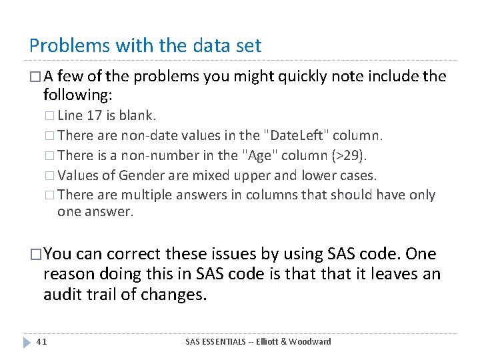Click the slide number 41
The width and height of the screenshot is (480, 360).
click(41, 341)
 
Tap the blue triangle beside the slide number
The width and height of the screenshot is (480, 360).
click(26, 342)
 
